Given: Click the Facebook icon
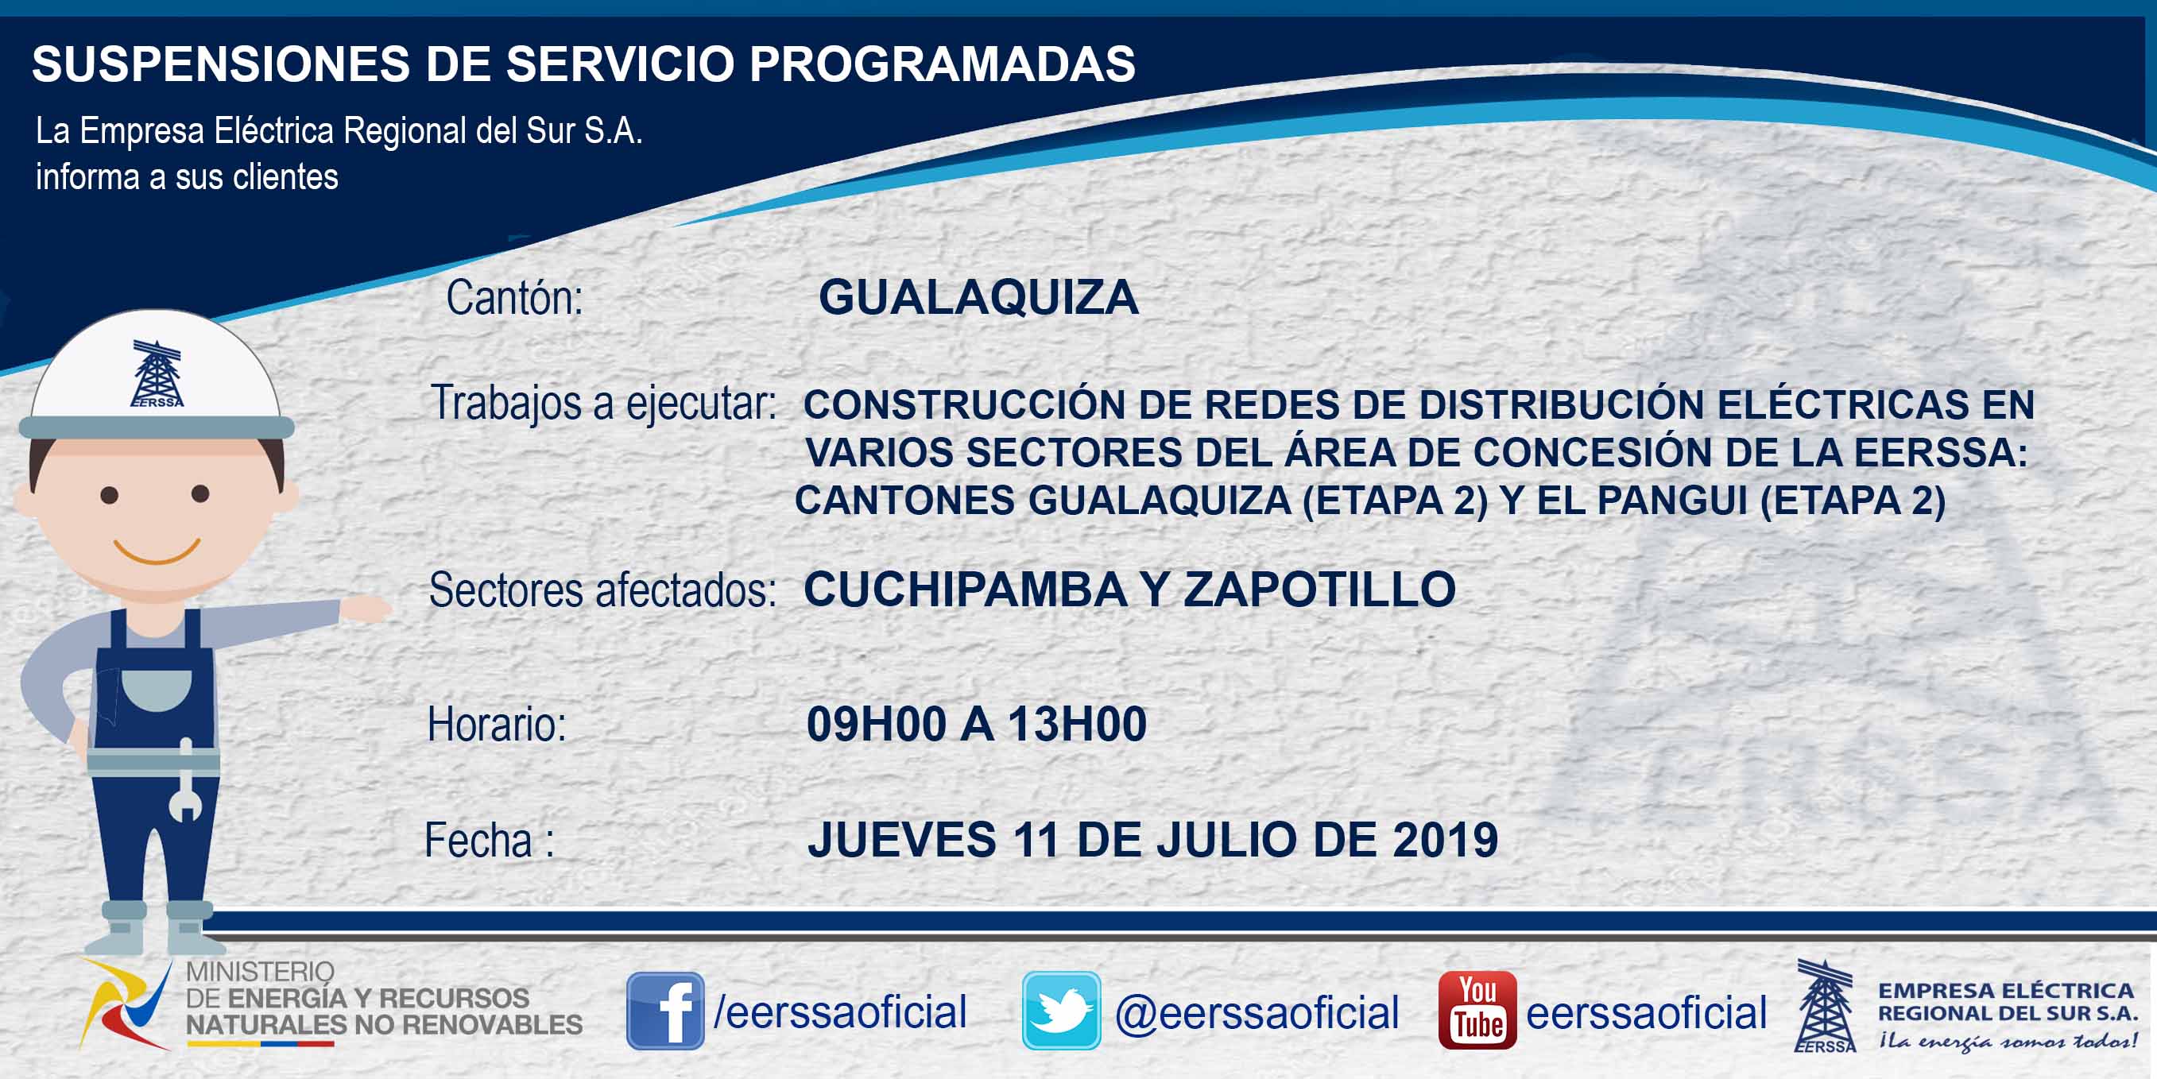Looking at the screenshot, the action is click(x=665, y=1011).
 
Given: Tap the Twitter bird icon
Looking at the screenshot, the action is click(x=1061, y=1011).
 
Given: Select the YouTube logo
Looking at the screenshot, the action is click(x=1477, y=1011).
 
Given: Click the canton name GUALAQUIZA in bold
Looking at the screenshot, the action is click(x=979, y=297).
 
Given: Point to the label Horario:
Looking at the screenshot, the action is click(x=498, y=724).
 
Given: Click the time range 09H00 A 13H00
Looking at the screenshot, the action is click(x=976, y=724).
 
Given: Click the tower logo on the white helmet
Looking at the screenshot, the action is click(x=157, y=373).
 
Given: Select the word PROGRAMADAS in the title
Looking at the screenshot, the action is click(x=942, y=64).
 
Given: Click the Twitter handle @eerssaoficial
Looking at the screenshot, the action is click(x=1257, y=1012).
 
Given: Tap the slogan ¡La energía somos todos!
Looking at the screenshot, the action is click(x=2007, y=1042).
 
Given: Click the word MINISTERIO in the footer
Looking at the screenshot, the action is click(x=260, y=971).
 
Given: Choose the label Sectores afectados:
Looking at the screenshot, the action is click(x=602, y=590).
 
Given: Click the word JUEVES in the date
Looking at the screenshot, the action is click(x=902, y=840).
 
